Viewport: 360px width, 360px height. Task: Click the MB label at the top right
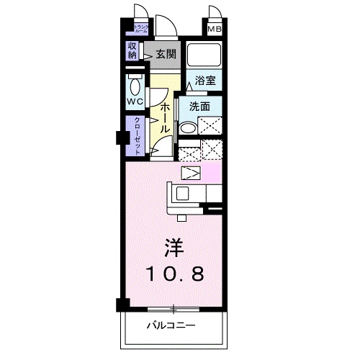click(215, 30)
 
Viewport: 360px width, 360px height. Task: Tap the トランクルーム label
click(140, 30)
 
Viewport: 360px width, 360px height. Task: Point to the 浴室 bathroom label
click(204, 81)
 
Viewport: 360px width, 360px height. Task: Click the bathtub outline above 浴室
click(204, 55)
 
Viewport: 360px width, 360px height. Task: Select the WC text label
click(135, 102)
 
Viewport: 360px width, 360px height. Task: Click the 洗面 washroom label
click(199, 106)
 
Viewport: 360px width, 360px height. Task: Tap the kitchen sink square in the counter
click(181, 193)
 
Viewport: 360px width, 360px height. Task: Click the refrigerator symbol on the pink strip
click(191, 173)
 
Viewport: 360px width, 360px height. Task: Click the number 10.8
click(175, 274)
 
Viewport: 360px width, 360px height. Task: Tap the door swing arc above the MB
click(215, 13)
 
